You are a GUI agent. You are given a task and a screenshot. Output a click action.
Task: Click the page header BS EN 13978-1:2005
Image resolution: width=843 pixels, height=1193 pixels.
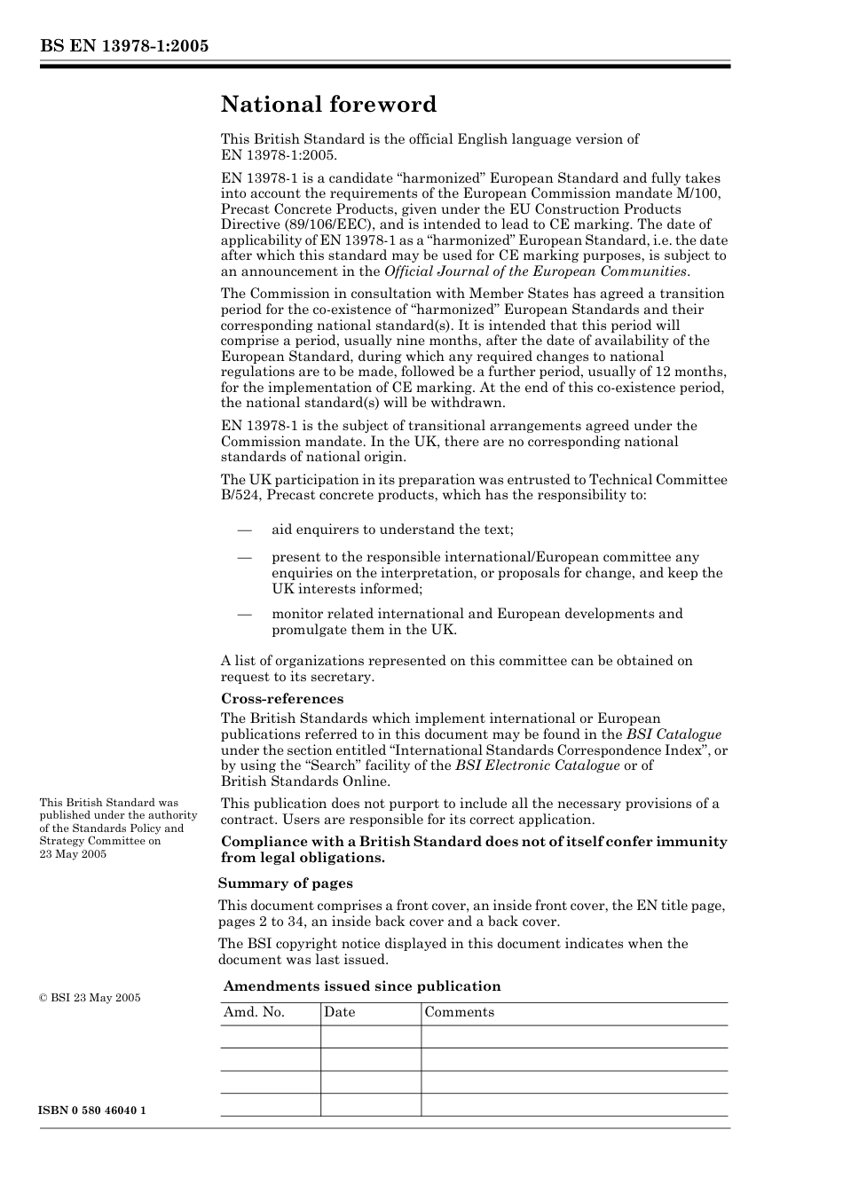[x=124, y=46]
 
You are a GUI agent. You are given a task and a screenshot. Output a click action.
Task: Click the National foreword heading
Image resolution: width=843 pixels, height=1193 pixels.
[x=328, y=105]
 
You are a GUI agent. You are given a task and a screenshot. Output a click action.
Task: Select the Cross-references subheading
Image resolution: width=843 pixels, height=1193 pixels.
[x=282, y=698]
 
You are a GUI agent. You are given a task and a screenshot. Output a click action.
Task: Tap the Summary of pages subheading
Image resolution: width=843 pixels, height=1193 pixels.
[x=286, y=883]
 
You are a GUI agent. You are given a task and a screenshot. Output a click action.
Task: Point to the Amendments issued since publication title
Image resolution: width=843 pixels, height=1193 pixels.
[x=362, y=985]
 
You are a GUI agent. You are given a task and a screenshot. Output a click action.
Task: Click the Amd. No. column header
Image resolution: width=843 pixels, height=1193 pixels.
[x=255, y=1012]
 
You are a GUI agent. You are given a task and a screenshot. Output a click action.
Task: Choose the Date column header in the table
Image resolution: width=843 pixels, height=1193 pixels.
[x=339, y=1012]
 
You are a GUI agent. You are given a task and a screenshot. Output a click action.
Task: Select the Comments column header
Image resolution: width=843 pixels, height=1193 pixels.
[x=459, y=1012]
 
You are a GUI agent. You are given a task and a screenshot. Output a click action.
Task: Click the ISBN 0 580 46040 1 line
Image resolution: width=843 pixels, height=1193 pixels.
[x=93, y=1111]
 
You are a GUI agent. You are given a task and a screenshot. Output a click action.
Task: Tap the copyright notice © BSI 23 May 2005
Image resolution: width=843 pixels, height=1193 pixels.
[x=90, y=997]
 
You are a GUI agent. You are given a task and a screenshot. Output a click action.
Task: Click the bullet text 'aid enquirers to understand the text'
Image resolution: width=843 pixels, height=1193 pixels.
[x=392, y=530]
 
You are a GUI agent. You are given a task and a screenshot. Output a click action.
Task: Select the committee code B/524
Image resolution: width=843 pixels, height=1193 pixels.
[x=240, y=495]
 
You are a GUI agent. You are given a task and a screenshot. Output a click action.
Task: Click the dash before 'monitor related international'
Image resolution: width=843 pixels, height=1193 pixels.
[x=244, y=614]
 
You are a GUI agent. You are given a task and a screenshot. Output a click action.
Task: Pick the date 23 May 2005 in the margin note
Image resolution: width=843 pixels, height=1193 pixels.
[x=73, y=853]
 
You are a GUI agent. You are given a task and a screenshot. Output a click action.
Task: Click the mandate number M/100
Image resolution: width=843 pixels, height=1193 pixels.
[x=700, y=193]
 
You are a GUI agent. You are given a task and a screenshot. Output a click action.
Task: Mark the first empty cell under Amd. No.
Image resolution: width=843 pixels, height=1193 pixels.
[x=270, y=1037]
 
